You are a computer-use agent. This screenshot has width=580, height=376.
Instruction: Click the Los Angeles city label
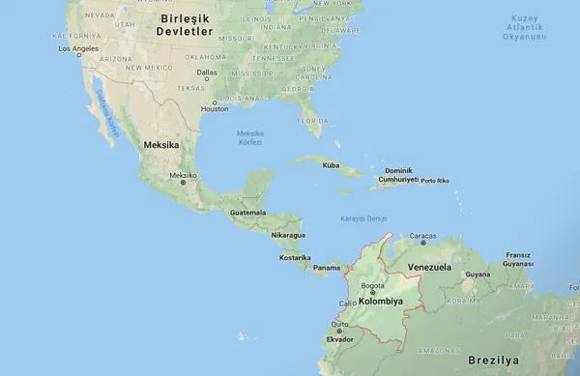coord(78,47)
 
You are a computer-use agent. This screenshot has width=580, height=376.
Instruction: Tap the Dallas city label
coord(207,72)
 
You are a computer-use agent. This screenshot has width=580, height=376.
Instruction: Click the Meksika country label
coord(161,144)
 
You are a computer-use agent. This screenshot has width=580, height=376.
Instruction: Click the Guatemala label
coord(247,212)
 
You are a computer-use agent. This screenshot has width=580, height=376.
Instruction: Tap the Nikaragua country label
coord(288,235)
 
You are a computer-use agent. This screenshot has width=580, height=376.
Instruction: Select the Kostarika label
coord(295,257)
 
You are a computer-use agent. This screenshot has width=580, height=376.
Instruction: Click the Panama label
coord(327,268)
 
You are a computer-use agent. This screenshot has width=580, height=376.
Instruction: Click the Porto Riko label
coord(436,181)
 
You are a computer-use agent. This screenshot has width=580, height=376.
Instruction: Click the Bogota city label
coord(373,285)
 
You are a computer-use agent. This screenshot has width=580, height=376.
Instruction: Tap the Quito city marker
coord(338,331)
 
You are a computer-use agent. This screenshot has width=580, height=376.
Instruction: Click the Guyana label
coord(478,275)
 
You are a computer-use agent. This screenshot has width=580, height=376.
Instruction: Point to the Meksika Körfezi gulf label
coord(250,137)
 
